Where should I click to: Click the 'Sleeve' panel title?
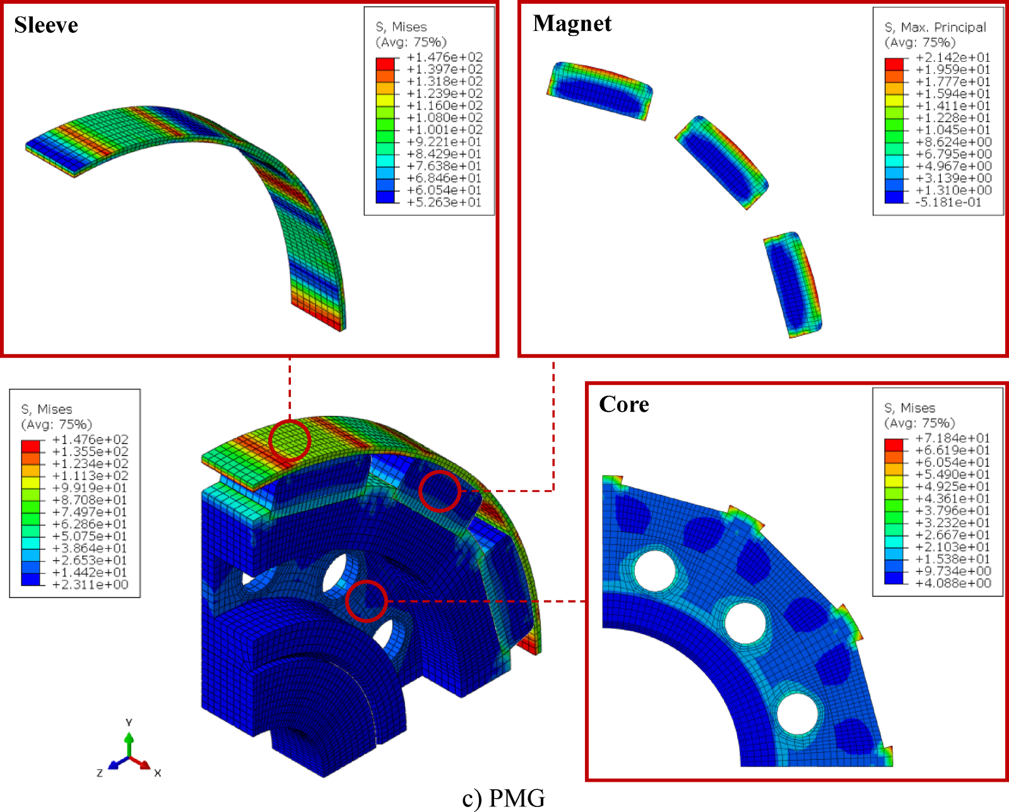point(46,25)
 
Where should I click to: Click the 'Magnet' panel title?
point(572,24)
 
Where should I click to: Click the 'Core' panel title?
point(623,404)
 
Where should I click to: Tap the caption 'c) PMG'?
point(503,798)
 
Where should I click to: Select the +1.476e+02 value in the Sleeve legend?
point(444,57)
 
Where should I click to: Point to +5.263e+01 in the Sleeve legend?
point(444,203)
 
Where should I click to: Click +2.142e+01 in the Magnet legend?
point(953,57)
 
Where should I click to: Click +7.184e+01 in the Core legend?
point(953,438)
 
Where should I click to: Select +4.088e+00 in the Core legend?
point(953,583)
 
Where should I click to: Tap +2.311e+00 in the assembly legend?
point(90,585)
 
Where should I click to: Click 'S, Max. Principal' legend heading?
point(935,27)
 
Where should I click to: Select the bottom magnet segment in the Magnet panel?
point(793,285)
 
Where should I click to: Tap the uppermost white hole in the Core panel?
point(654,570)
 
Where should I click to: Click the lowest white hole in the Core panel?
point(797,714)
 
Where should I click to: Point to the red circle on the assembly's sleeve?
point(290,440)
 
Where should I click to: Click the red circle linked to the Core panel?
point(366,601)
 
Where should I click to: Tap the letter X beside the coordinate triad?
point(158,773)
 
